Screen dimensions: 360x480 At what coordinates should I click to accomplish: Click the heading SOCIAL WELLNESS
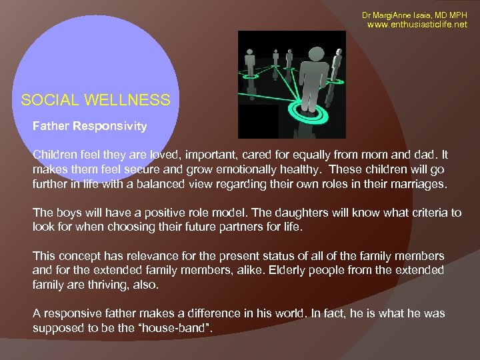pyautogui.click(x=95, y=101)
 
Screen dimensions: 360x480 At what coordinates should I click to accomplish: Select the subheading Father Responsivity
pyautogui.click(x=90, y=125)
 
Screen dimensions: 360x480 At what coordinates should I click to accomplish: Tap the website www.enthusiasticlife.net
pyautogui.click(x=418, y=25)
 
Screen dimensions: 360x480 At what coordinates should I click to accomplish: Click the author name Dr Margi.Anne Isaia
pyautogui.click(x=397, y=15)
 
